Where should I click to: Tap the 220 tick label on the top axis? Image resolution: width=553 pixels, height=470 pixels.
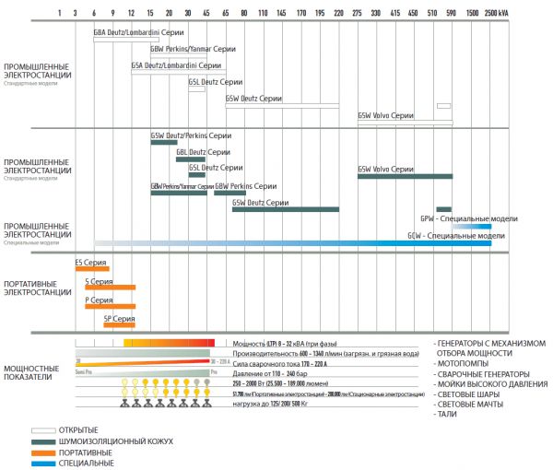click(x=338, y=14)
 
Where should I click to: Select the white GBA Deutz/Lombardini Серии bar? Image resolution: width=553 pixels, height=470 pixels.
click(x=126, y=39)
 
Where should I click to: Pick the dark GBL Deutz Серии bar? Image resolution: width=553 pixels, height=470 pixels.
click(x=190, y=159)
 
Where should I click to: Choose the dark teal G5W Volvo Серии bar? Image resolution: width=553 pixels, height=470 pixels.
click(x=405, y=175)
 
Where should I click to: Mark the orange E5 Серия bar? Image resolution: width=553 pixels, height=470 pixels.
click(x=92, y=268)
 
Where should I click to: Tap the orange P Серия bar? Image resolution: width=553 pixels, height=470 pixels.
click(x=110, y=306)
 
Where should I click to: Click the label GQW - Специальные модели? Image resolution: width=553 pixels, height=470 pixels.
click(x=456, y=236)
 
